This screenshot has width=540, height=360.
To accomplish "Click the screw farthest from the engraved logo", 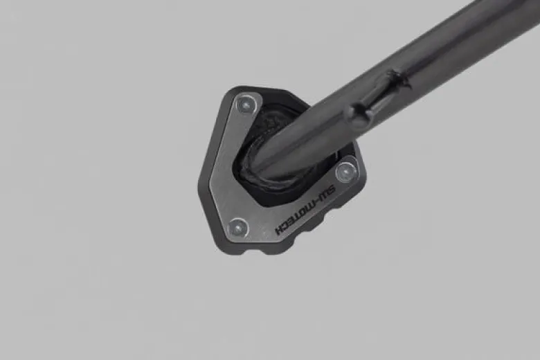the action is [x=247, y=104].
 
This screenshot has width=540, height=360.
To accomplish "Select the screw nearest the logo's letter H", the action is [x=238, y=227].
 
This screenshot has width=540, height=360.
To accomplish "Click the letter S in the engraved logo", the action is [x=331, y=190].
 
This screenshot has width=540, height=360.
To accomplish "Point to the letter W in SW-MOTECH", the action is [x=323, y=197].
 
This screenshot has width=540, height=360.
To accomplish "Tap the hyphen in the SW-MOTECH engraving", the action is [x=316, y=203].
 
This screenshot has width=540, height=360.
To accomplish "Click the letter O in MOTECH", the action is [x=302, y=214].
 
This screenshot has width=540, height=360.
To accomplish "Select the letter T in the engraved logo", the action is [x=296, y=218].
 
